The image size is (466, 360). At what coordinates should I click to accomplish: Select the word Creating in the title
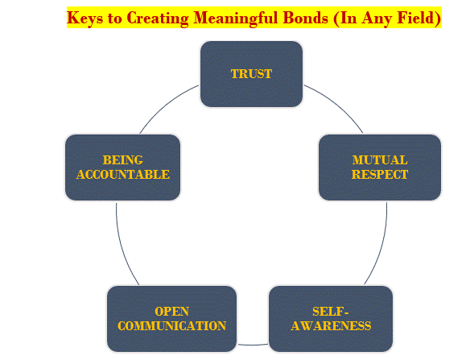(158, 19)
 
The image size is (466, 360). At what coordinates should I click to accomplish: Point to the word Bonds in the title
(306, 18)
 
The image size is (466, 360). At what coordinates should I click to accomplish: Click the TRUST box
(251, 74)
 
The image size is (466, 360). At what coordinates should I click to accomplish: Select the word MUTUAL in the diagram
(380, 160)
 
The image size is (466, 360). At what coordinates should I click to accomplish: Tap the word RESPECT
(380, 175)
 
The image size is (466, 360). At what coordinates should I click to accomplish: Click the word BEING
(123, 160)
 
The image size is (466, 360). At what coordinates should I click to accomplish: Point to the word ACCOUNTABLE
(123, 175)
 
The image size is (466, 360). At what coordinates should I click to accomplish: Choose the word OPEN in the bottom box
(171, 312)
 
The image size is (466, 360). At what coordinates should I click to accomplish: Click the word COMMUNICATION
(171, 326)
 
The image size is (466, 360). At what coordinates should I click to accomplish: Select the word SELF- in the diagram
(331, 312)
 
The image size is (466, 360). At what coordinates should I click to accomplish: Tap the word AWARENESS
(331, 326)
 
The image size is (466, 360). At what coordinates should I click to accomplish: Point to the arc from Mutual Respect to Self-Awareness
(381, 246)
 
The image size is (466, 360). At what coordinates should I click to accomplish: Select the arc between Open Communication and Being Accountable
(122, 246)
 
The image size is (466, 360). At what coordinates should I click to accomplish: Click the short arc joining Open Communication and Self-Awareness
(252, 345)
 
